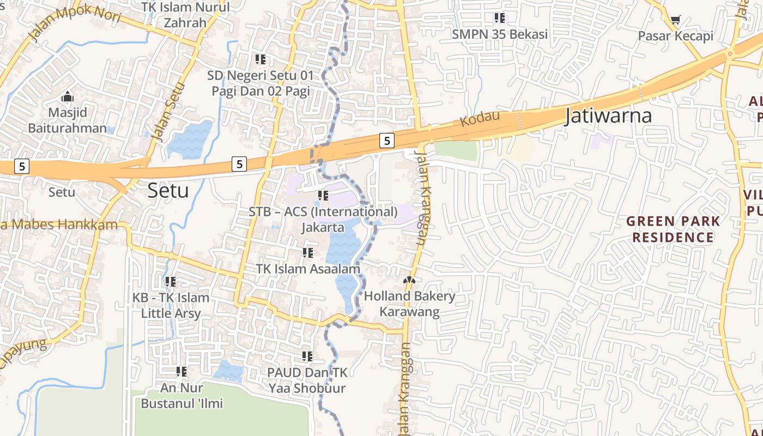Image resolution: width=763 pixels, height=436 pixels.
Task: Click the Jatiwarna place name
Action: (608, 116)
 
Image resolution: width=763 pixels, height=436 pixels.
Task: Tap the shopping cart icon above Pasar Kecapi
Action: (675, 20)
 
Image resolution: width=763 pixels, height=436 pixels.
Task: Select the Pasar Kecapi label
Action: (675, 37)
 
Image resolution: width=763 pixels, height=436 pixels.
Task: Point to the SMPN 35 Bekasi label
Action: (500, 34)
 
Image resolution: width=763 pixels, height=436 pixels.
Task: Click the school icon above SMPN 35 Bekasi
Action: (500, 18)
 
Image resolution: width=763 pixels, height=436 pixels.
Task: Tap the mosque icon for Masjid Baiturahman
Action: (68, 97)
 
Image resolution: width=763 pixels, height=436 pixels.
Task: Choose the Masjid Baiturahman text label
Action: (68, 120)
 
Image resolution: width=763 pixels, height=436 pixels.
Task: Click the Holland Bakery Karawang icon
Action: (409, 280)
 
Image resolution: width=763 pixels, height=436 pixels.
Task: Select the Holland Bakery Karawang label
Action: (409, 304)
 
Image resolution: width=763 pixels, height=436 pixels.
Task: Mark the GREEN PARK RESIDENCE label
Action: (673, 229)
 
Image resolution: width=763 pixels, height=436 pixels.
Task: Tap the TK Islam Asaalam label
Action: (308, 269)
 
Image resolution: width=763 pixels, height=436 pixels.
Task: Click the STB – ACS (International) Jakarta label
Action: (323, 219)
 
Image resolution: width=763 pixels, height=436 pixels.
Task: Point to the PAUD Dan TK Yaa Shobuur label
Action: (307, 380)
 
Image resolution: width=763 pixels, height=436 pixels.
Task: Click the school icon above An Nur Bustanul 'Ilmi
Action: (181, 372)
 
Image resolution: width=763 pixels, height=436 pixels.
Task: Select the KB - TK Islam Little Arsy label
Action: (171, 305)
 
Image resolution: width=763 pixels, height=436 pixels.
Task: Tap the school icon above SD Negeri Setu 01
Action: (261, 59)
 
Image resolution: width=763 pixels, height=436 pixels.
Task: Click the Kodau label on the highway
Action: (472, 118)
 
